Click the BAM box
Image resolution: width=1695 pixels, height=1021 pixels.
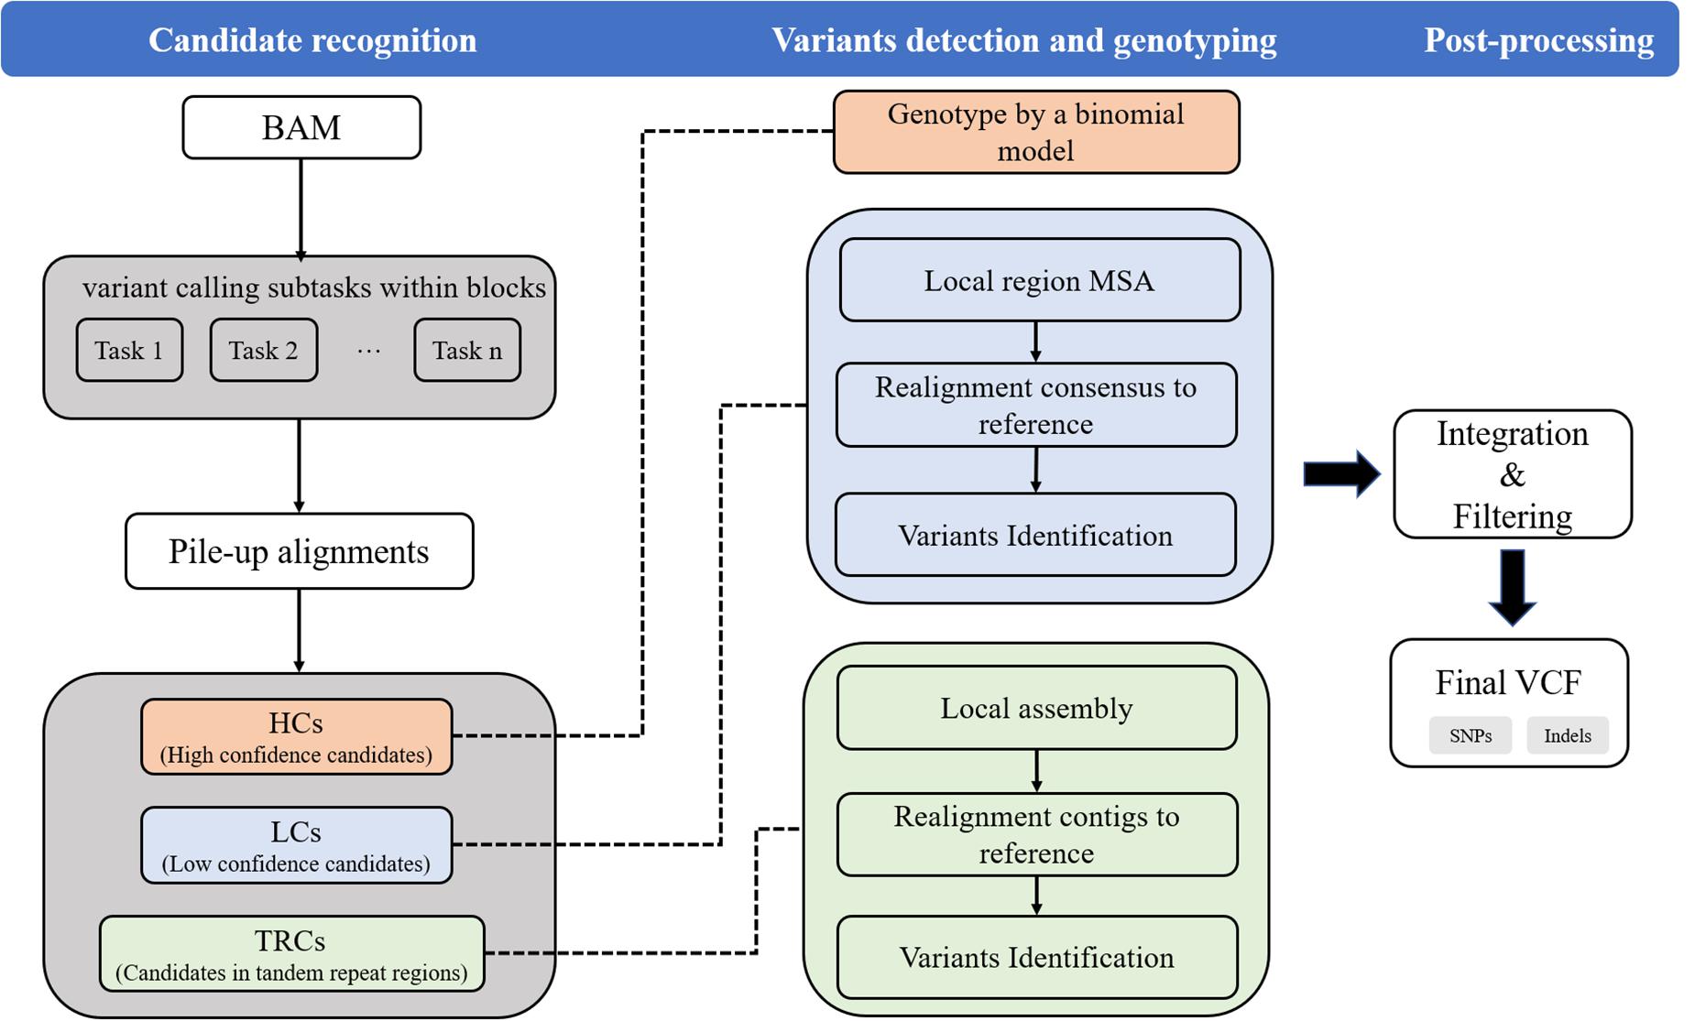[x=301, y=127]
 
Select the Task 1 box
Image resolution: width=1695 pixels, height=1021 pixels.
[x=129, y=350]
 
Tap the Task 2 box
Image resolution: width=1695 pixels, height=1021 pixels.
[x=263, y=350]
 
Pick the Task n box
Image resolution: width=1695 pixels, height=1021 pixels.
[x=467, y=350]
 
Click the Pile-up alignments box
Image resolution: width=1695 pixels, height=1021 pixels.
[x=299, y=551]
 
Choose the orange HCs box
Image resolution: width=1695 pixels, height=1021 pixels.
[x=296, y=737]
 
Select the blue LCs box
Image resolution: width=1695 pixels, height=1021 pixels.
[x=296, y=845]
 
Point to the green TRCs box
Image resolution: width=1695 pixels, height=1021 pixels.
[x=291, y=954]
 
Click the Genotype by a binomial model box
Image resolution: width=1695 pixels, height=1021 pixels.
[x=1035, y=132]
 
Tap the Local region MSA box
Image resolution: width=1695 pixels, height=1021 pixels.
[x=1039, y=280]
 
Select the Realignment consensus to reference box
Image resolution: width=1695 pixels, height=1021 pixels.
[x=1035, y=405]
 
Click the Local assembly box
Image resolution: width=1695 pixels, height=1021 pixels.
[x=1036, y=708]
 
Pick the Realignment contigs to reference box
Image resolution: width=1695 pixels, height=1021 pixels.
[x=1036, y=834]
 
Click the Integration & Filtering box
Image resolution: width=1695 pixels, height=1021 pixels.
[x=1512, y=474]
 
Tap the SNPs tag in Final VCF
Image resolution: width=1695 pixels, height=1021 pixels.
[x=1470, y=735]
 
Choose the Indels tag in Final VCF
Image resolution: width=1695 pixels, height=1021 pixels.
[x=1567, y=735]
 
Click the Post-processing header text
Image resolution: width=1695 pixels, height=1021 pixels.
[x=1538, y=40]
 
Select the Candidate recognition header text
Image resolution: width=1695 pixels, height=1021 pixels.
[x=312, y=40]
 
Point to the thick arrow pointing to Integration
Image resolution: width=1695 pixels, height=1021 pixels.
[x=1340, y=473]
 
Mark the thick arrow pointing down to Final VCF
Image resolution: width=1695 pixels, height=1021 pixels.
[x=1512, y=587]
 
